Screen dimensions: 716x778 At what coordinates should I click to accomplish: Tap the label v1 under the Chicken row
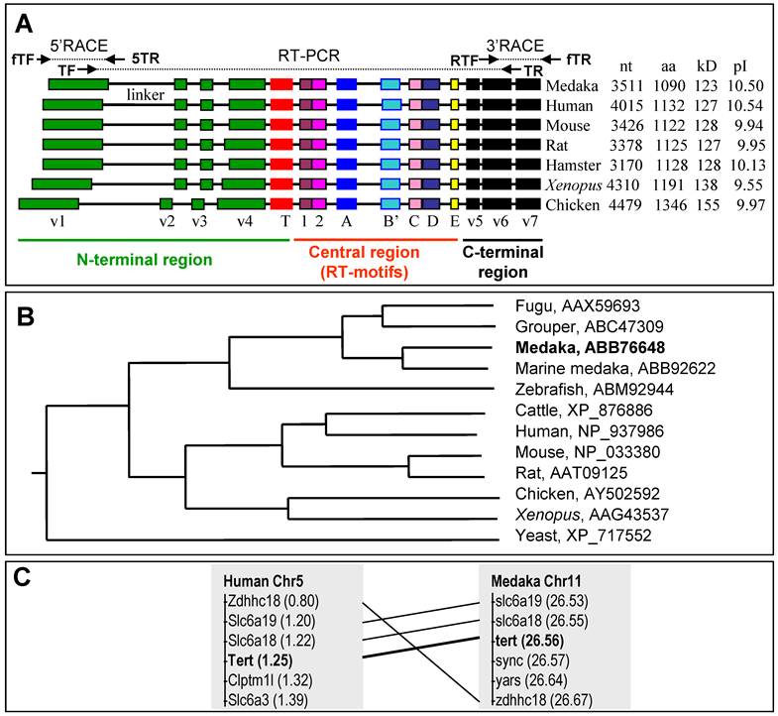tap(58, 222)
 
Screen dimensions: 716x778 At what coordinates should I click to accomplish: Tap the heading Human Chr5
tap(259, 580)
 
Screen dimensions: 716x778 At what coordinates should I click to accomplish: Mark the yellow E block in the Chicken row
tap(454, 204)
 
